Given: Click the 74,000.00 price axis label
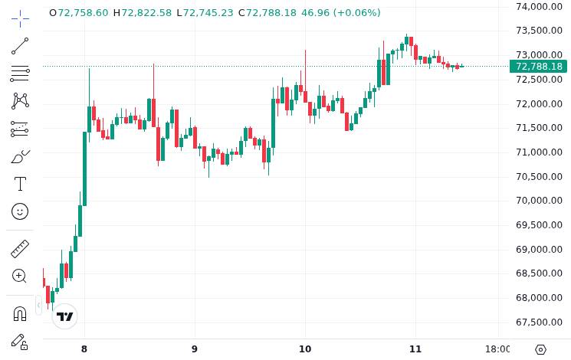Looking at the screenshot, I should (539, 7).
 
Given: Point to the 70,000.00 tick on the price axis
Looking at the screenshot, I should (539, 201).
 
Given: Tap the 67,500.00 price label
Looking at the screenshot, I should (539, 322).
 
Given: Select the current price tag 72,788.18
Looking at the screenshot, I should (539, 67).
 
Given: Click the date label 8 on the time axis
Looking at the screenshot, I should (84, 349).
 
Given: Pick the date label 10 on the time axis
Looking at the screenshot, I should (305, 349).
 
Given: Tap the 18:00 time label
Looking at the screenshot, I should (498, 349).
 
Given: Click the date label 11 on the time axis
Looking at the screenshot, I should (415, 349).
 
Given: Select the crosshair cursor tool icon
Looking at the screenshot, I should (20, 17).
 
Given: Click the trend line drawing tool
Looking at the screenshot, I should (20, 46).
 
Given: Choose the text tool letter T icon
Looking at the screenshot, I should (20, 184).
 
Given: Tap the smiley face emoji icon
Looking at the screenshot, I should (20, 211).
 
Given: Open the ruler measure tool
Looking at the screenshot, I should (20, 248).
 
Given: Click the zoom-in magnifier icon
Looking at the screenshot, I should (20, 276).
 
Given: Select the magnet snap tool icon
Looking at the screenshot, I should (20, 313).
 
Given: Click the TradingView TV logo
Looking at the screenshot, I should (65, 316).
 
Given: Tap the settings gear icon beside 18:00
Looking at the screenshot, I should (540, 349).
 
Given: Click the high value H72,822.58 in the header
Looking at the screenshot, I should (143, 13).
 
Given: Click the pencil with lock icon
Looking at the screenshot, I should (20, 342).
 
